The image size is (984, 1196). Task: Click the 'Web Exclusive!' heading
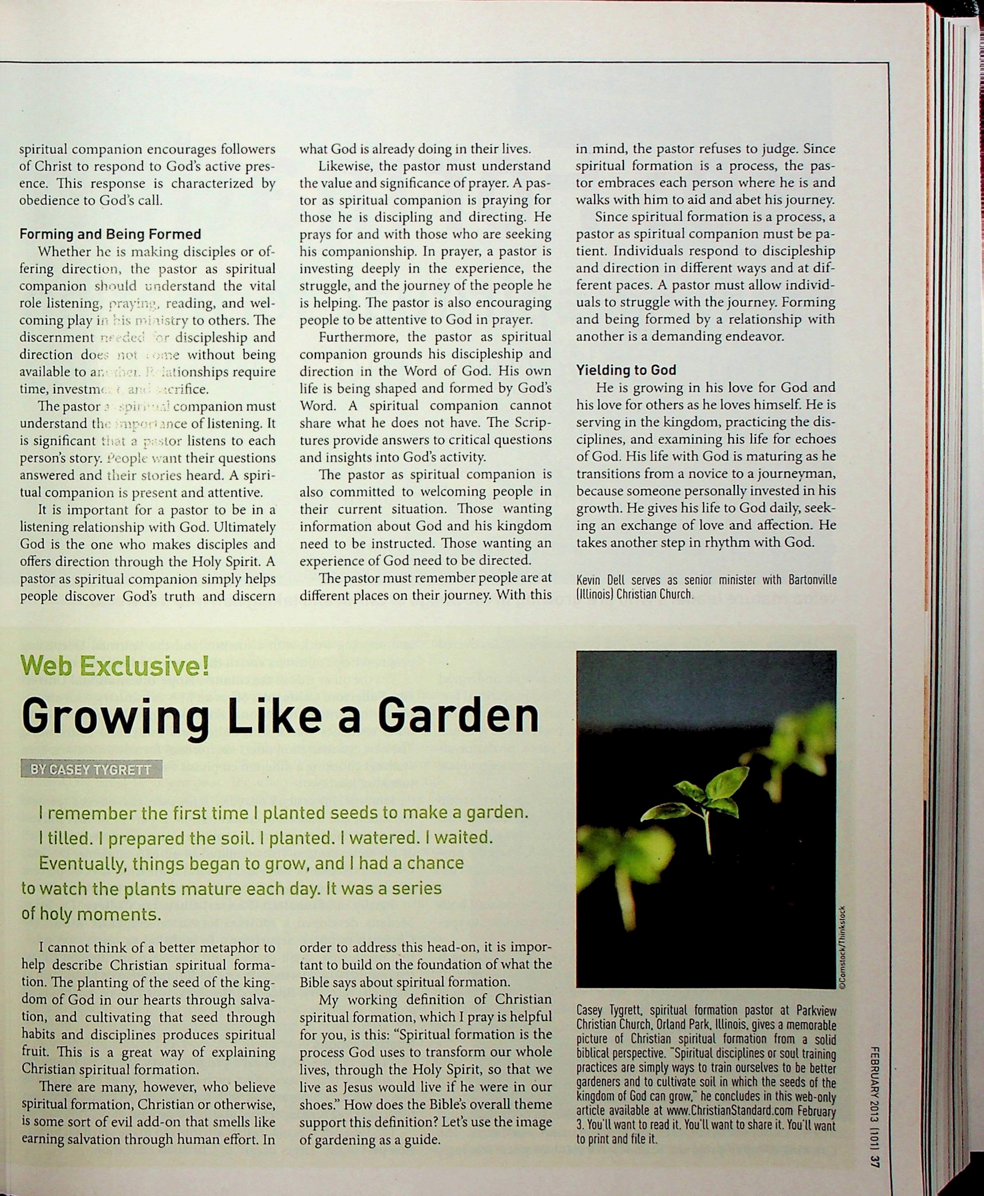(x=116, y=664)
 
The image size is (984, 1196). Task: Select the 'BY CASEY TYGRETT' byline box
(x=91, y=769)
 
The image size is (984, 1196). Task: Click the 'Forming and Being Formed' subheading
(x=110, y=234)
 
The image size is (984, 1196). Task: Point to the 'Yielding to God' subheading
(x=626, y=370)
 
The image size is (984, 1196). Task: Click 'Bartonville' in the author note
(x=812, y=580)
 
